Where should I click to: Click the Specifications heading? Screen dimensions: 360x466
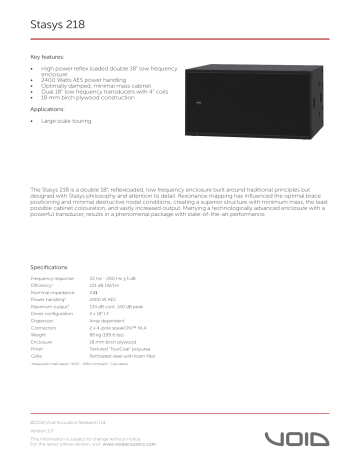point(49,267)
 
